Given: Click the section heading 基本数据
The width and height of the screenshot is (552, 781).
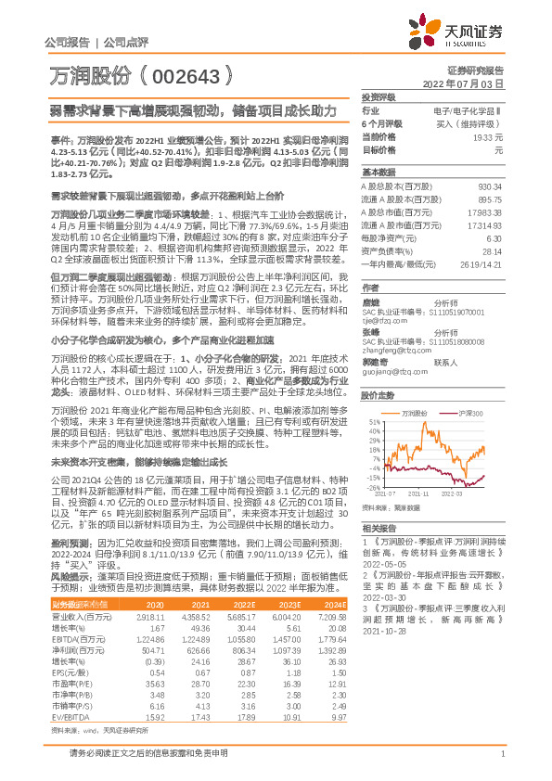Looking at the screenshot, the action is (x=379, y=173).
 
